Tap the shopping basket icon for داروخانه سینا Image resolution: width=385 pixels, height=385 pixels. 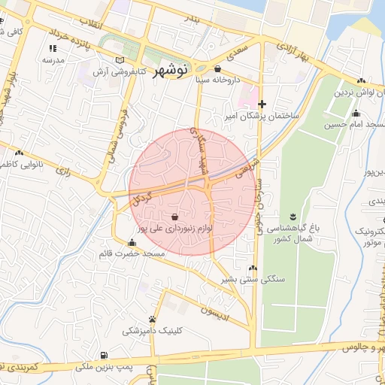[x=218, y=68]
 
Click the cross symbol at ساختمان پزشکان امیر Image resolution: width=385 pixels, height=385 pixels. [x=262, y=104]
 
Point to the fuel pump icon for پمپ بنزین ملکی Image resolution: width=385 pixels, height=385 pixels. [x=103, y=356]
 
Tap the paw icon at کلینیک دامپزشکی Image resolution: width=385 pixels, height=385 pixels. [x=153, y=319]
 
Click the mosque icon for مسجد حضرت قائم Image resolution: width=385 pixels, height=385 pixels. [x=132, y=243]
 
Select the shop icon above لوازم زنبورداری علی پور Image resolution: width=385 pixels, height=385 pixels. [x=175, y=215]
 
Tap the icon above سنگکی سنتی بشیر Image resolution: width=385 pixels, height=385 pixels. [x=253, y=268]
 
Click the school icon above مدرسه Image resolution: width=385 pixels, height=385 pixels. [x=53, y=47]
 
